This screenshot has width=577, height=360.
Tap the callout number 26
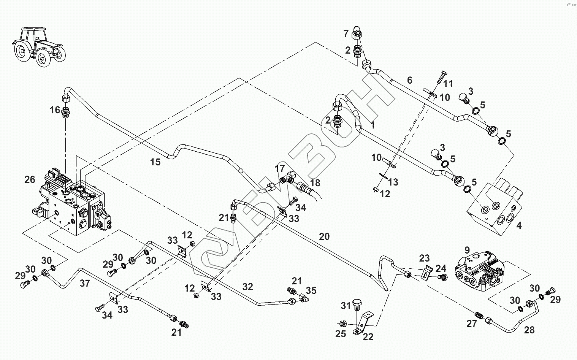[30, 179]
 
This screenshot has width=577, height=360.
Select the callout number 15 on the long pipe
[155, 162]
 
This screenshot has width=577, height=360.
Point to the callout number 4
[519, 225]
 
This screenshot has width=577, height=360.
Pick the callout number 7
[346, 34]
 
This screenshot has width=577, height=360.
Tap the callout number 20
[324, 237]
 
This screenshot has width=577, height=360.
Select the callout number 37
[85, 283]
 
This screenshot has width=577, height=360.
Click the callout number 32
[247, 287]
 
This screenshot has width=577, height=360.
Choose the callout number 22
[368, 337]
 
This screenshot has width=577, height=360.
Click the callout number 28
[529, 330]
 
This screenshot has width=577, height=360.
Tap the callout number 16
[55, 110]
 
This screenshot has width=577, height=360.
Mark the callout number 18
[315, 182]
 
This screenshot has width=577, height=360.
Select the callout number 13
[393, 182]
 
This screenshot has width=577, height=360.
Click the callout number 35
[311, 291]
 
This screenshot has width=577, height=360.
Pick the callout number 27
[471, 324]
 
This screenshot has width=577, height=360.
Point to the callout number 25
[341, 334]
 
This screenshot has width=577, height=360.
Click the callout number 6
[409, 80]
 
